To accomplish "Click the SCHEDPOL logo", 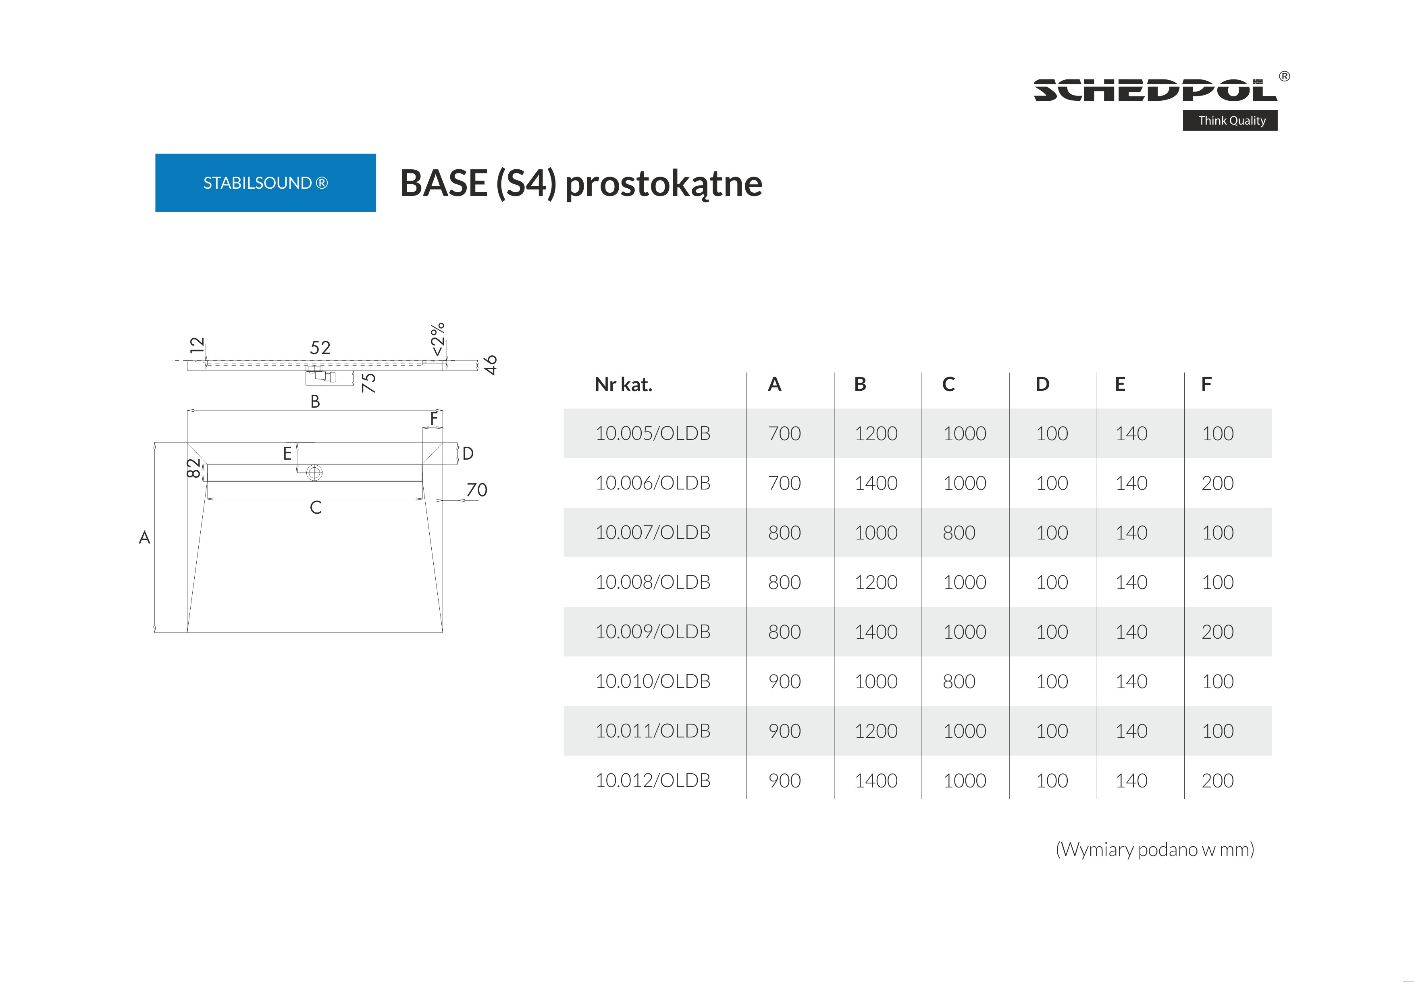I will coord(1154,90).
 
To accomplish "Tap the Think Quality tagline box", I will coord(1229,121).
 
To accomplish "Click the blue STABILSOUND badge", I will coord(265,183).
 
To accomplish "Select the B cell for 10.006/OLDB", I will coord(875,483).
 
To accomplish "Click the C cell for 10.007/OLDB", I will coord(959,533).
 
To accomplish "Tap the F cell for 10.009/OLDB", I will coord(1217,632).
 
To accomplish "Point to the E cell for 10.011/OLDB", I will coord(1131,731).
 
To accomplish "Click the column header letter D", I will coord(1042,384).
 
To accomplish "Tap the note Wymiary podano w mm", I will coord(1154,850).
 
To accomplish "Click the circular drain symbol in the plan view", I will coord(314,473).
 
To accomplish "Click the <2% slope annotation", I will coord(437,339).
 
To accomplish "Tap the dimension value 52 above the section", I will coord(320,348).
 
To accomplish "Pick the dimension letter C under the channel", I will coord(315,508).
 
